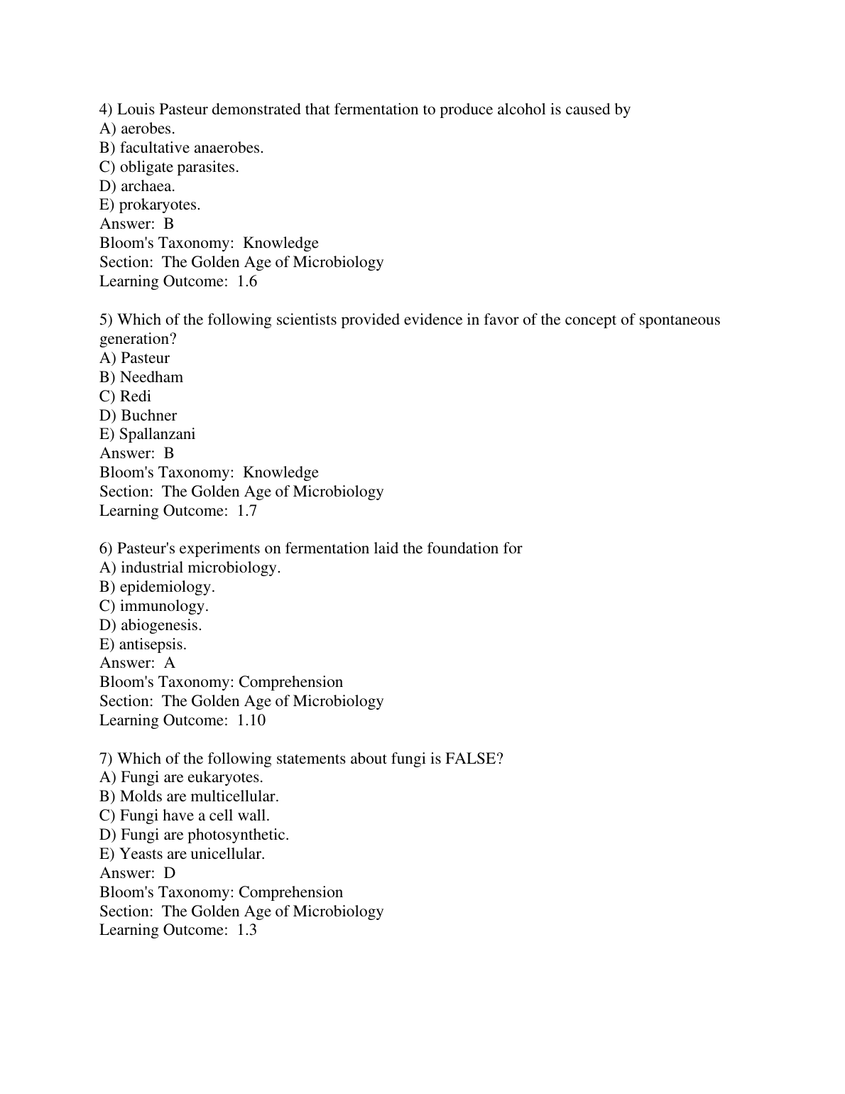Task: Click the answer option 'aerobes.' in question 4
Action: [x=147, y=129]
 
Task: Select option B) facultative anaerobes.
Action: [x=191, y=148]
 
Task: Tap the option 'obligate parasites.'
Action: [x=179, y=167]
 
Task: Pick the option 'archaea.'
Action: [x=147, y=186]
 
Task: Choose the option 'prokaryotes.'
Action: [x=159, y=205]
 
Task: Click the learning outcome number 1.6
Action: [x=247, y=281]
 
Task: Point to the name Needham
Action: [x=151, y=377]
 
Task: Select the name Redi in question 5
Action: [x=135, y=396]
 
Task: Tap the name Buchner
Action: [x=148, y=416]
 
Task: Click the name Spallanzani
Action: [x=157, y=434]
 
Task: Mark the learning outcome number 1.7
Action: [x=247, y=511]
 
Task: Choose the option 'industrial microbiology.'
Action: [x=200, y=568]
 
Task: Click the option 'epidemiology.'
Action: [x=167, y=587]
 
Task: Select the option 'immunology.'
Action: [x=164, y=606]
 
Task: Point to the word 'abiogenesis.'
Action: [x=161, y=625]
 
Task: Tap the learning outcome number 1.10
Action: [x=251, y=720]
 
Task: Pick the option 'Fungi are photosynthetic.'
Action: [x=205, y=835]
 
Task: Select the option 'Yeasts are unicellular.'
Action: [x=192, y=854]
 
